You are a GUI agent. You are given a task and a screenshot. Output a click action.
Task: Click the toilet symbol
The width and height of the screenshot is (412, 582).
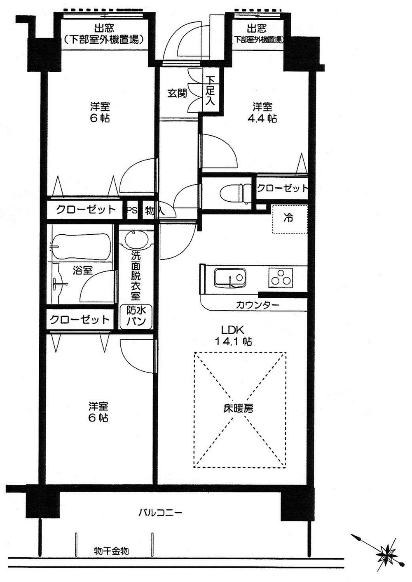point(235,193)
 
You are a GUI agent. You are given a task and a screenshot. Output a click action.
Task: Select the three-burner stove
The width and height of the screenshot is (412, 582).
point(281,277)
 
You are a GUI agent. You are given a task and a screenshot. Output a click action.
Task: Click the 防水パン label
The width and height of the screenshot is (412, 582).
point(136,316)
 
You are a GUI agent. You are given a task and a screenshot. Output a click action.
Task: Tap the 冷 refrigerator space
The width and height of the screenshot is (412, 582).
point(289,218)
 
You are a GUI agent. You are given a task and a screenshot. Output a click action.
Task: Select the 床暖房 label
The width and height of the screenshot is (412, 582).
point(239,408)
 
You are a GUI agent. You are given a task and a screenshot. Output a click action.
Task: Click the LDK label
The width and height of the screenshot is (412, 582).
point(233,330)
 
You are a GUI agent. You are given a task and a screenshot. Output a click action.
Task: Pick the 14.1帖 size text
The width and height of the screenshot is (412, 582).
point(233,342)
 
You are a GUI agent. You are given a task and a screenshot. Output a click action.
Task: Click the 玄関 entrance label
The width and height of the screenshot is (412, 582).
point(177,93)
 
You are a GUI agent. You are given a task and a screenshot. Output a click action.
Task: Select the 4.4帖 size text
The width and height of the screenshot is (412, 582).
point(264,119)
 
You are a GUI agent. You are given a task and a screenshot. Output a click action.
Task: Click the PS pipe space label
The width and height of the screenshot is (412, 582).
point(132,210)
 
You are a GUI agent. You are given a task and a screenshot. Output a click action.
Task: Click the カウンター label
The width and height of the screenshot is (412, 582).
point(257,306)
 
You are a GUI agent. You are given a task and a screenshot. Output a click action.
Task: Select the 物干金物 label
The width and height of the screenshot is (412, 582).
point(111,551)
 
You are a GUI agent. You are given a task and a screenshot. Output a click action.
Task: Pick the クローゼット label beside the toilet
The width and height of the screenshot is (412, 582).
point(283,188)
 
